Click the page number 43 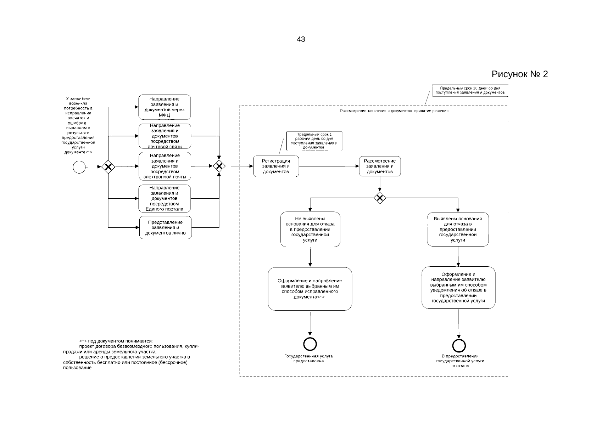tap(301, 39)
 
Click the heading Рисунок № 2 tap(519, 74)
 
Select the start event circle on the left tap(79, 167)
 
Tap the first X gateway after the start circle tap(108, 167)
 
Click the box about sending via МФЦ tap(165, 107)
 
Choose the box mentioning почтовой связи tap(165, 136)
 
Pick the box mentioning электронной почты tap(165, 166)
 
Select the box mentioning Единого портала tap(165, 198)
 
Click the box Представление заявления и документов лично tap(165, 227)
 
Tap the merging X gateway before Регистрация tap(219, 166)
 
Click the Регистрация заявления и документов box tap(276, 166)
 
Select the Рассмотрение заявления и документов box tap(380, 166)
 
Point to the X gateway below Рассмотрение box tap(380, 198)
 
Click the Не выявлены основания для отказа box tap(310, 229)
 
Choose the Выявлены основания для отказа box tap(458, 229)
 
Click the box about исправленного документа tap(310, 289)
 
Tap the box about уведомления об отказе tap(458, 287)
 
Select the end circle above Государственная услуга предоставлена tap(310, 344)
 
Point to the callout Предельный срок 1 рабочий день tap(314, 141)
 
